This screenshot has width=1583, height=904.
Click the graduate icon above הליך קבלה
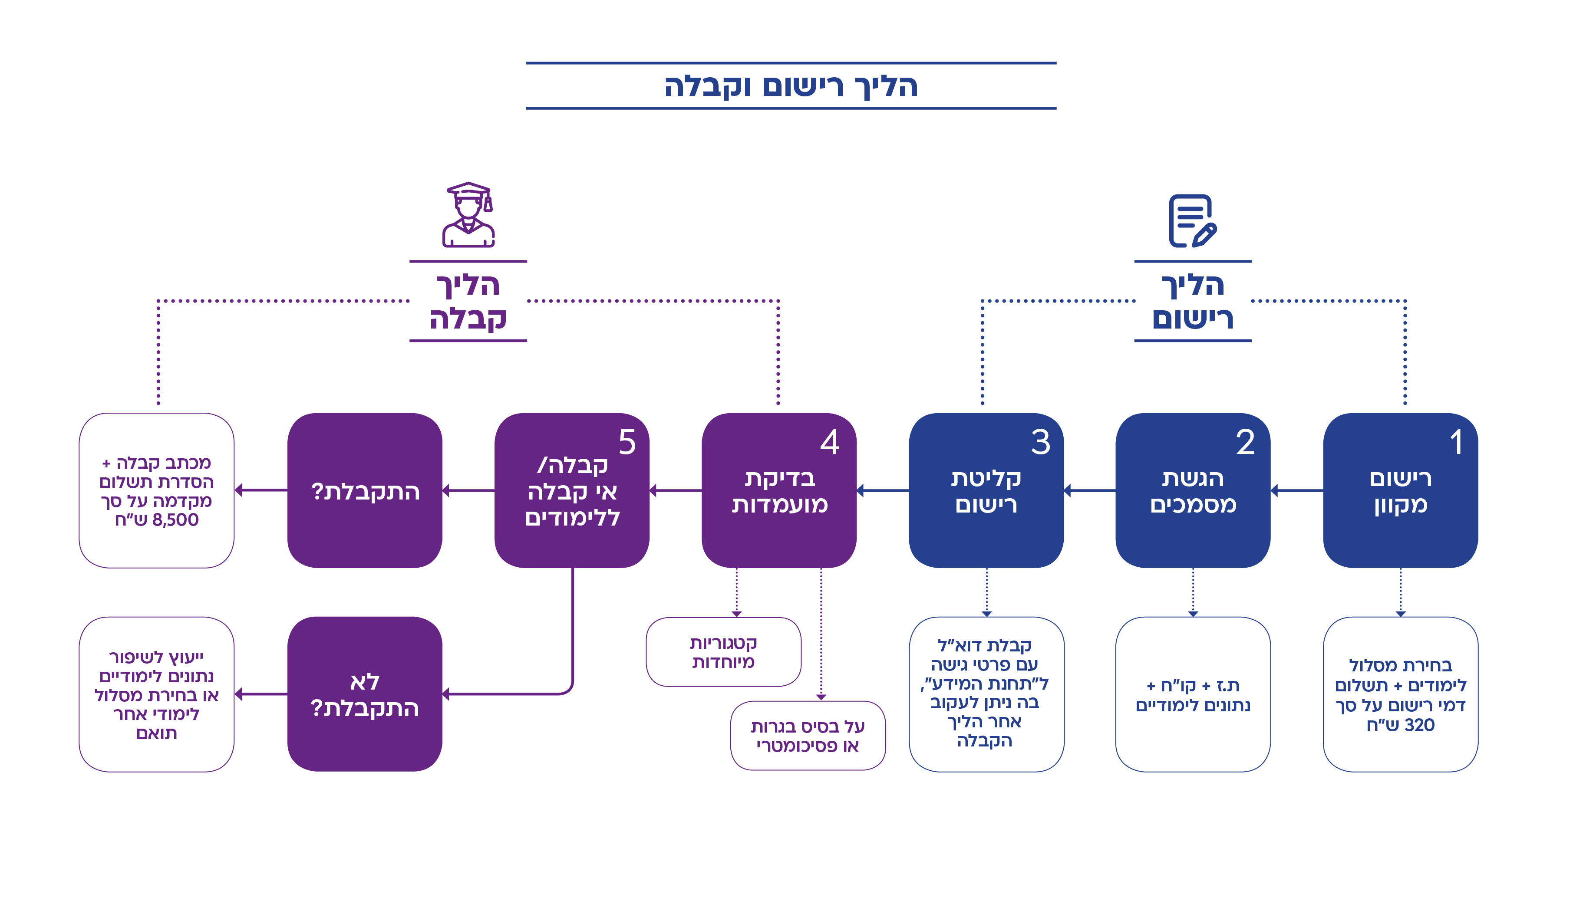(468, 215)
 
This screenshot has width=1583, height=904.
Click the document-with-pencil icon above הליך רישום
(1192, 221)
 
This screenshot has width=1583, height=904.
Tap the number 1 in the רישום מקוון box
(1456, 442)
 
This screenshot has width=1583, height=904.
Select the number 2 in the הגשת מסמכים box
(1245, 442)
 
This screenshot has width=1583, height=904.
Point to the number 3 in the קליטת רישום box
(1041, 442)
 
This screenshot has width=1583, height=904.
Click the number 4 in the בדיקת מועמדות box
(830, 442)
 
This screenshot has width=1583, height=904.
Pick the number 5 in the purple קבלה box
(627, 442)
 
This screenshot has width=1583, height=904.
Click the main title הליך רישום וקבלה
(791, 86)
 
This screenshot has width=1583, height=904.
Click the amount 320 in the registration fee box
(1420, 725)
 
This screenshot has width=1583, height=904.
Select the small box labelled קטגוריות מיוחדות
(723, 652)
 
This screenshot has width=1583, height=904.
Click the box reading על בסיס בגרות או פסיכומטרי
(808, 736)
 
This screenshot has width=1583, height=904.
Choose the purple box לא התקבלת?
(365, 694)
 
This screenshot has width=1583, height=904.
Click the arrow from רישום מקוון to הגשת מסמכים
(1297, 490)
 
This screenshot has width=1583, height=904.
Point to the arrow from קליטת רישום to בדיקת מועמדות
(883, 490)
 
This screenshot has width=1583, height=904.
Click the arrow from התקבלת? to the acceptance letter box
(261, 490)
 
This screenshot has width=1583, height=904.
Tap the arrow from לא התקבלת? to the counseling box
(261, 694)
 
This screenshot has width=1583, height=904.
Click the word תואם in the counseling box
(156, 733)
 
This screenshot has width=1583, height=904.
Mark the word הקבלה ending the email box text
(984, 741)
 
